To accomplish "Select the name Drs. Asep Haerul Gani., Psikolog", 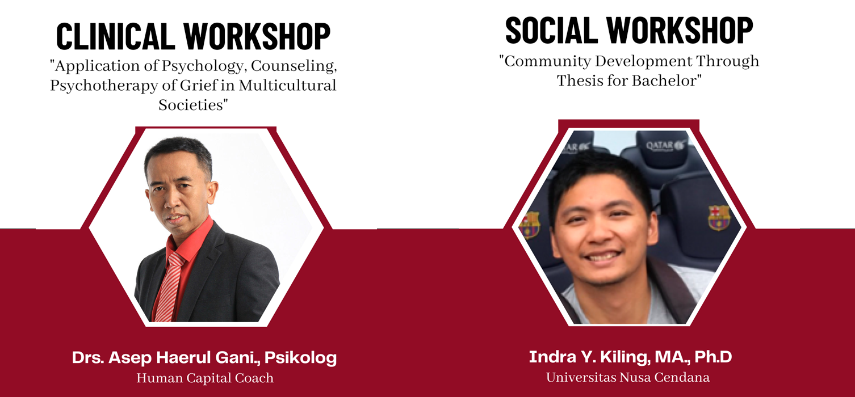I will pyautogui.click(x=204, y=358).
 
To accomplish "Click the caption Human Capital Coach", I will pyautogui.click(x=205, y=378).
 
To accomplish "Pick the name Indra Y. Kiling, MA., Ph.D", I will pyautogui.click(x=630, y=357).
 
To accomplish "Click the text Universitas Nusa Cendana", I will pyautogui.click(x=628, y=377).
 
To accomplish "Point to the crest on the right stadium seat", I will pyautogui.click(x=719, y=217).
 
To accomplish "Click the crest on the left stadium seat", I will pyautogui.click(x=529, y=225).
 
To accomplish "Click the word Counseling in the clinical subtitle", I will pyautogui.click(x=299, y=66).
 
